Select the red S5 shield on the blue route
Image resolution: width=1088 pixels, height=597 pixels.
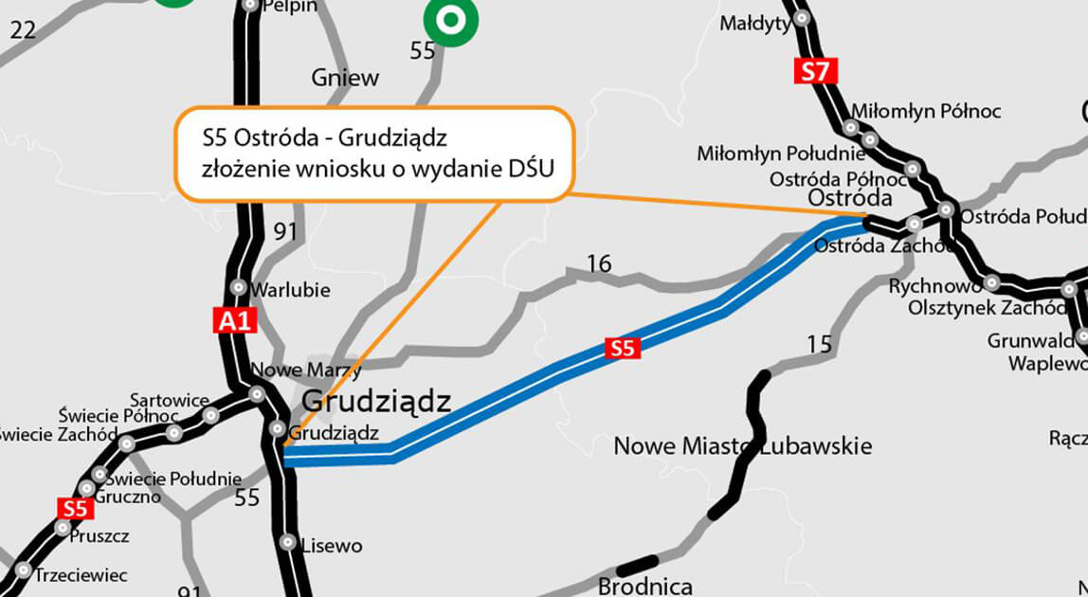coord(622,348)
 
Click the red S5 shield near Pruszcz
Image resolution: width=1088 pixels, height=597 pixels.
coord(75,509)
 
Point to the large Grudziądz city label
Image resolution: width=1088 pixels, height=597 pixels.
coord(375,402)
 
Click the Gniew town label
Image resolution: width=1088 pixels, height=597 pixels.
coord(345,78)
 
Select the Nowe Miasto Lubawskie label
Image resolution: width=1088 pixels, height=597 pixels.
coord(742,445)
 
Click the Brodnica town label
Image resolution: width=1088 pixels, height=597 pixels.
coord(644,587)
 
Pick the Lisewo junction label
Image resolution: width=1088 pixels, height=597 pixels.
coord(331,546)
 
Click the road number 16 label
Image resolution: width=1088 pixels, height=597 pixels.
coord(598,262)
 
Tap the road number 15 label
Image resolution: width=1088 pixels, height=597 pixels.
coord(819,343)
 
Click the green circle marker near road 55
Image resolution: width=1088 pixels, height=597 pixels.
coord(450,19)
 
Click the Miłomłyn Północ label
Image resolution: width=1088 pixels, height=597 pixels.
coord(926,112)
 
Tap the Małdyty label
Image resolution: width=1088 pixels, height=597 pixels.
coord(754,23)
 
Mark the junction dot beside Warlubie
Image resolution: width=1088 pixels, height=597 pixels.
coord(238,287)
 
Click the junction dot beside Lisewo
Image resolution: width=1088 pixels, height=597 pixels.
coord(288,542)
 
